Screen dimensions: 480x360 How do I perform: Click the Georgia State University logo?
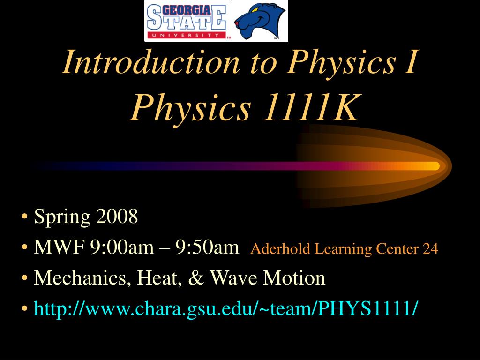tap(186, 21)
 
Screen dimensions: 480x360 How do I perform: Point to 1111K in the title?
tap(310, 108)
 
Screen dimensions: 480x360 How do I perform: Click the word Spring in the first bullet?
tap(62, 217)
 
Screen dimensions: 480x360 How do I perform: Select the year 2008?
tap(117, 216)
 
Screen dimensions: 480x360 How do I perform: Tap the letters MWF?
tap(59, 247)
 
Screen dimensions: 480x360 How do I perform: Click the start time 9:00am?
tap(122, 247)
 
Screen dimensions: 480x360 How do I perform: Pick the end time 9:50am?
tap(207, 247)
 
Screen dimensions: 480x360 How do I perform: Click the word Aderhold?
tap(280, 248)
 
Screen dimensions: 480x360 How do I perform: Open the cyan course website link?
tap(225, 308)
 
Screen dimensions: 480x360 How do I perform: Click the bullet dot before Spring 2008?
tap(25, 217)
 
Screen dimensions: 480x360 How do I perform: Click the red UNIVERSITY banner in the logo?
tap(186, 35)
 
